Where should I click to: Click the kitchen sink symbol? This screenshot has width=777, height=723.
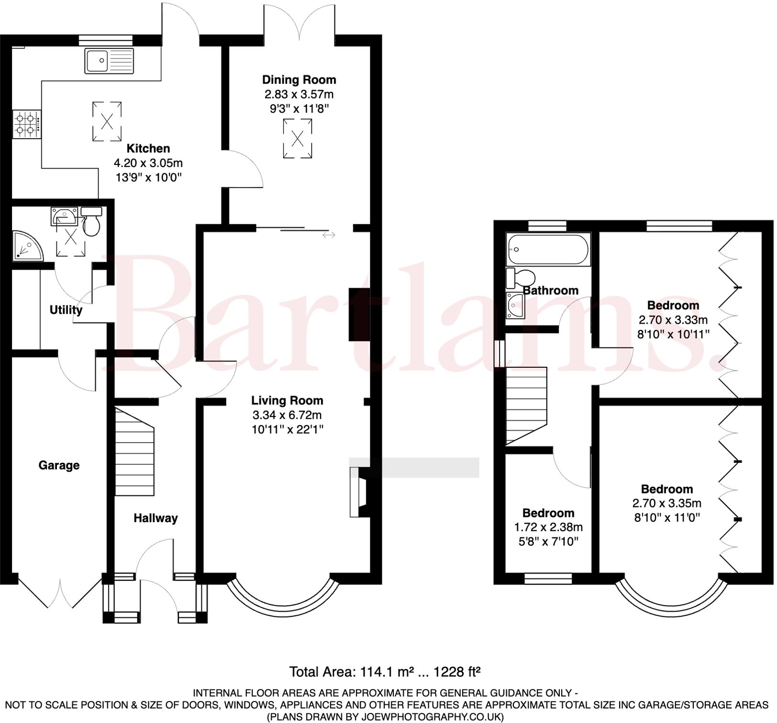(x=109, y=61)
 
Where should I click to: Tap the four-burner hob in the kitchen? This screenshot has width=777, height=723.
(x=27, y=124)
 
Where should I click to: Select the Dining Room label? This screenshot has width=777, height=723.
(x=300, y=80)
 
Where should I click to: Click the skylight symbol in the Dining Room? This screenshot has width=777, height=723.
(x=298, y=139)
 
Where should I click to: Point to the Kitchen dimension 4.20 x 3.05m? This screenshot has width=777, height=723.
(x=148, y=163)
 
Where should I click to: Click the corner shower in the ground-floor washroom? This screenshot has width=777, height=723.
(x=26, y=246)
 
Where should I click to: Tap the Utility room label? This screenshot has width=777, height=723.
(x=66, y=310)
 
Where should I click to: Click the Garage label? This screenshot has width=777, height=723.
(x=59, y=465)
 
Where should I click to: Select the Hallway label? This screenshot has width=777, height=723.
(x=155, y=518)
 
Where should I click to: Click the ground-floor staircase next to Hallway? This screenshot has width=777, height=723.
(x=134, y=452)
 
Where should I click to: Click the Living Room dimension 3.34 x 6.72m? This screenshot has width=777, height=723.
(x=287, y=415)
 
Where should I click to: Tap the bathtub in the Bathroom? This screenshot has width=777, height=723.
(x=549, y=249)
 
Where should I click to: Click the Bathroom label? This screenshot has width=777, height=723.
(x=551, y=291)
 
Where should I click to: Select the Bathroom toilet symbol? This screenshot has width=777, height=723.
(x=522, y=278)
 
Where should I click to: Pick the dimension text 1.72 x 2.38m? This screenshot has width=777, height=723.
(x=549, y=527)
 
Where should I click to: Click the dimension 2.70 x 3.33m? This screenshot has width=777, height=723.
(x=674, y=320)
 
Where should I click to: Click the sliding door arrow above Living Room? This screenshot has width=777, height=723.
(x=329, y=235)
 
